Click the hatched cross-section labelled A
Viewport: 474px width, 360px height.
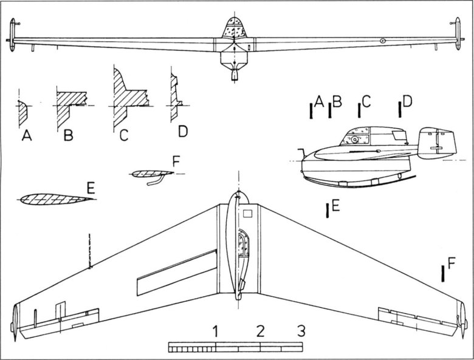coord(23,111)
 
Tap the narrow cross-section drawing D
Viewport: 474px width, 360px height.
coord(174,97)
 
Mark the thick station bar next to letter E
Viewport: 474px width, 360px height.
coord(328,210)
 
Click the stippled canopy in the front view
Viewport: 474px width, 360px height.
coord(233,28)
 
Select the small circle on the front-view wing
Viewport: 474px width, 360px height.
coord(383,41)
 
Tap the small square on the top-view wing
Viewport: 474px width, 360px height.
coord(247,214)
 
